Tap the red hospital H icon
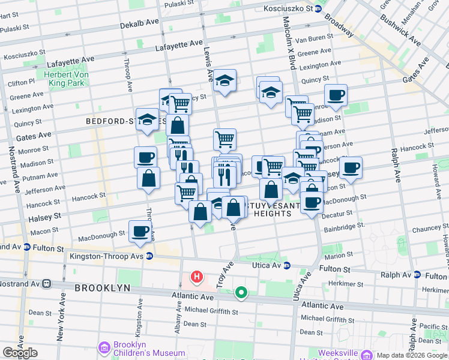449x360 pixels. coord(196,277)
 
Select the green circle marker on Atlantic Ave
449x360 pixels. coord(241,293)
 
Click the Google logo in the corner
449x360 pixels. coord(20,353)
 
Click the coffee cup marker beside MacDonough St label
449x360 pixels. coord(140,231)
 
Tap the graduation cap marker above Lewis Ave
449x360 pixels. coord(224,80)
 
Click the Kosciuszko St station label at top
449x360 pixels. coord(288,9)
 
